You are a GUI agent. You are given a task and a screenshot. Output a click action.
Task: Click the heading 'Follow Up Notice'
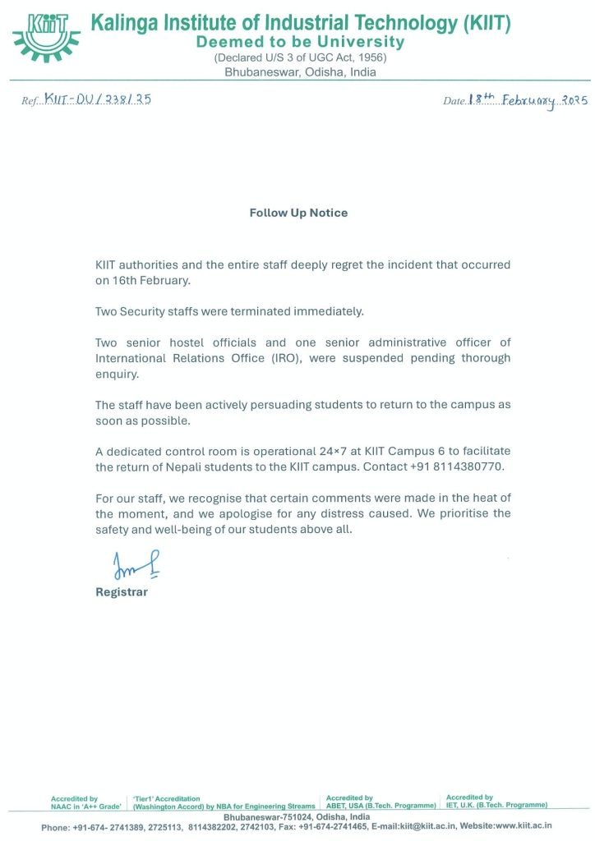[298, 213]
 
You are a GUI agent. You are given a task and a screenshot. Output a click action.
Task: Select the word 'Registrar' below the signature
[122, 592]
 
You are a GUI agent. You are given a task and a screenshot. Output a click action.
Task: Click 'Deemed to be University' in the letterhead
[300, 42]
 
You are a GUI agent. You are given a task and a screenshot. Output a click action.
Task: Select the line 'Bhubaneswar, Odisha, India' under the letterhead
[300, 72]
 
